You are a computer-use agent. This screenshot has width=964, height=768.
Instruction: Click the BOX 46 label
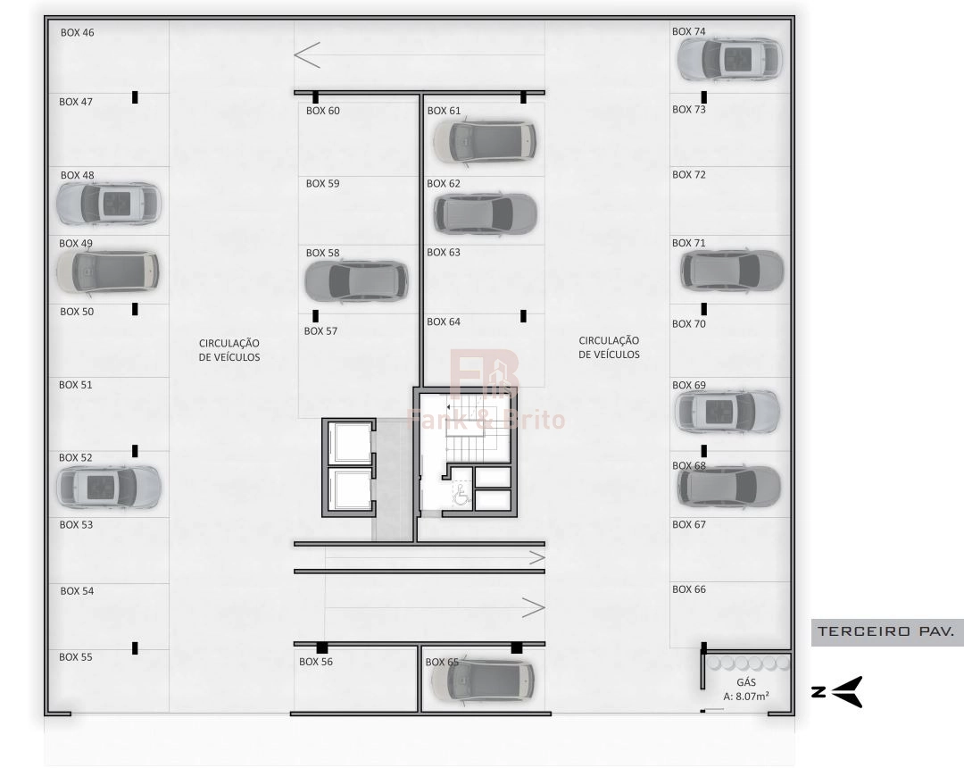pos(77,32)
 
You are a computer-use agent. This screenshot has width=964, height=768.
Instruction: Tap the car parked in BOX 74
pos(730,59)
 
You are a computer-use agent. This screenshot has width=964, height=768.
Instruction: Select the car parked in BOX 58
pos(356,281)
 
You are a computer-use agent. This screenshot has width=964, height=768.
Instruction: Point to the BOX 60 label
pos(323,111)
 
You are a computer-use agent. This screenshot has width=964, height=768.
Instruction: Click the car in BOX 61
pos(485,141)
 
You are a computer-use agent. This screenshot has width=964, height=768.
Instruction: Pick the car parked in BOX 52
pos(108,487)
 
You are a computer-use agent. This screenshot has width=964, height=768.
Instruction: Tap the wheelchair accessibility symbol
pos(461,495)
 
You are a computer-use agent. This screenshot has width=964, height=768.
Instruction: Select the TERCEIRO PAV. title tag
pos(886,631)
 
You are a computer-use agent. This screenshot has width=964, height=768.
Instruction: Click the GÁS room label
pos(745,682)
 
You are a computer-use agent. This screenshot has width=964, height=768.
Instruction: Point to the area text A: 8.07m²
pos(745,696)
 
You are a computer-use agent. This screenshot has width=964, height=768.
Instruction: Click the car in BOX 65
pos(483,680)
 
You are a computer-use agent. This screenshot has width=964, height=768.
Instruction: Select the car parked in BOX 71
pos(732,271)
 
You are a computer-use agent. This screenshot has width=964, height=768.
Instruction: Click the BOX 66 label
pos(688,589)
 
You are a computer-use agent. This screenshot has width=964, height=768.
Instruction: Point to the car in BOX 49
pos(108,271)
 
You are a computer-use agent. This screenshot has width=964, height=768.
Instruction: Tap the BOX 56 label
pos(315,662)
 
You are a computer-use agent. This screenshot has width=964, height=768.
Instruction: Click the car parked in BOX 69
pos(727,411)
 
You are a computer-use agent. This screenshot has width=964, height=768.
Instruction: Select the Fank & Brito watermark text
pos(486,420)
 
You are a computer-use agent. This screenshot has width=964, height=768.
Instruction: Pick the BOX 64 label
pos(444,321)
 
